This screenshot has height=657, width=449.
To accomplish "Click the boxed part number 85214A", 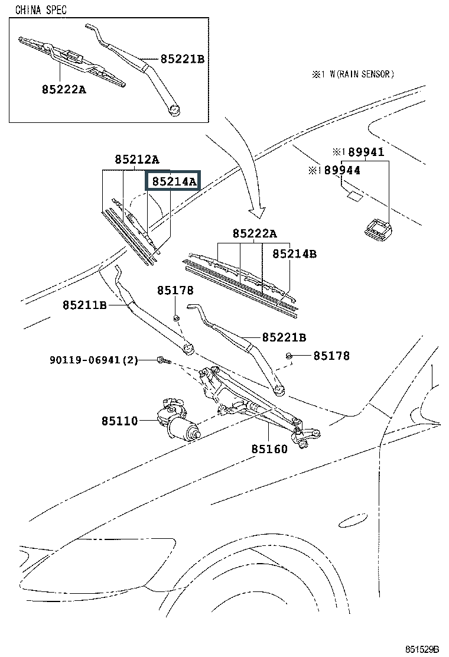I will coord(173,182).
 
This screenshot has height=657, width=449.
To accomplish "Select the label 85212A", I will coord(136,160).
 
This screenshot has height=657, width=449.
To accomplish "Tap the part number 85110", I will coord(119,421).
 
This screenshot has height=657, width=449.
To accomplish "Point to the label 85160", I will coord(269,449).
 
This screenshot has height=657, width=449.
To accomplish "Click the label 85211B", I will coord(84,305).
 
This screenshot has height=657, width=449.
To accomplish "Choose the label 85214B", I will coord(294,253).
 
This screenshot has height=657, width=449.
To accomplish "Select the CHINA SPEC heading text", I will coord(41,9).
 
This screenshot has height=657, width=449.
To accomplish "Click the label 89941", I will coord(366,152).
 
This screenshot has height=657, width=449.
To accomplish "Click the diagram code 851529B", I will coord(422,649).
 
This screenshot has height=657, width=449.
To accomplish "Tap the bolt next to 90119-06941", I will coord(162,359).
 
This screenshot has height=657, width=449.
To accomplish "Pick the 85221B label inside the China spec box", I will coord(182,59).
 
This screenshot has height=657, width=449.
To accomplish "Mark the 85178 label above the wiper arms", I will coord(175,291).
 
